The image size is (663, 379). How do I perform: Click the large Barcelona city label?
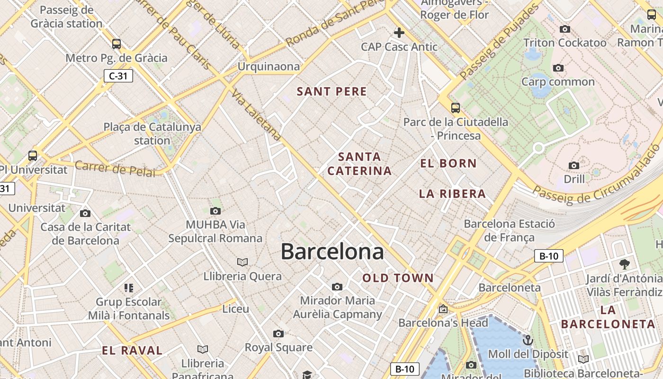[332, 252]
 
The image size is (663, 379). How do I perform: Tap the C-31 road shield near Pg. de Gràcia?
[118, 76]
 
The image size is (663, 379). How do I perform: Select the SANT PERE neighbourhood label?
[331, 91]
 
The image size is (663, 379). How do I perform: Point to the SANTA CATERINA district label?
[359, 163]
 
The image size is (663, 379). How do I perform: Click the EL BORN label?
[448, 163]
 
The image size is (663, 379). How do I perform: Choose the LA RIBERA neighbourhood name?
[452, 193]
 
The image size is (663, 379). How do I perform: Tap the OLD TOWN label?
[398, 278]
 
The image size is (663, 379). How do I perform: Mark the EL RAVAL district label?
[132, 351]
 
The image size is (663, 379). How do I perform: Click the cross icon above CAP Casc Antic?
[399, 33]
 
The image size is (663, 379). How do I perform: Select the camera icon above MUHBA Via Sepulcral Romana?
[215, 211]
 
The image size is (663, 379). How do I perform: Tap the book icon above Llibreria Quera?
[242, 262]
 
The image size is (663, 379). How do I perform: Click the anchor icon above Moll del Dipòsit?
[528, 340]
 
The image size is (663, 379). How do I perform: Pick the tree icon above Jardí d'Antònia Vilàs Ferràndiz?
[624, 264]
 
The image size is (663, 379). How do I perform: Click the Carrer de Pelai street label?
[115, 169]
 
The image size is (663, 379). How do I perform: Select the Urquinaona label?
[269, 66]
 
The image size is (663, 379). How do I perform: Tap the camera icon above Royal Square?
[278, 334]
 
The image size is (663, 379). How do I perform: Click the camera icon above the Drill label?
[574, 165]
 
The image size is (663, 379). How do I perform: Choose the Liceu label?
[235, 309]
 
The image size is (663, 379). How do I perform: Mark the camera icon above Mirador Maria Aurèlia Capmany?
[337, 287]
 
